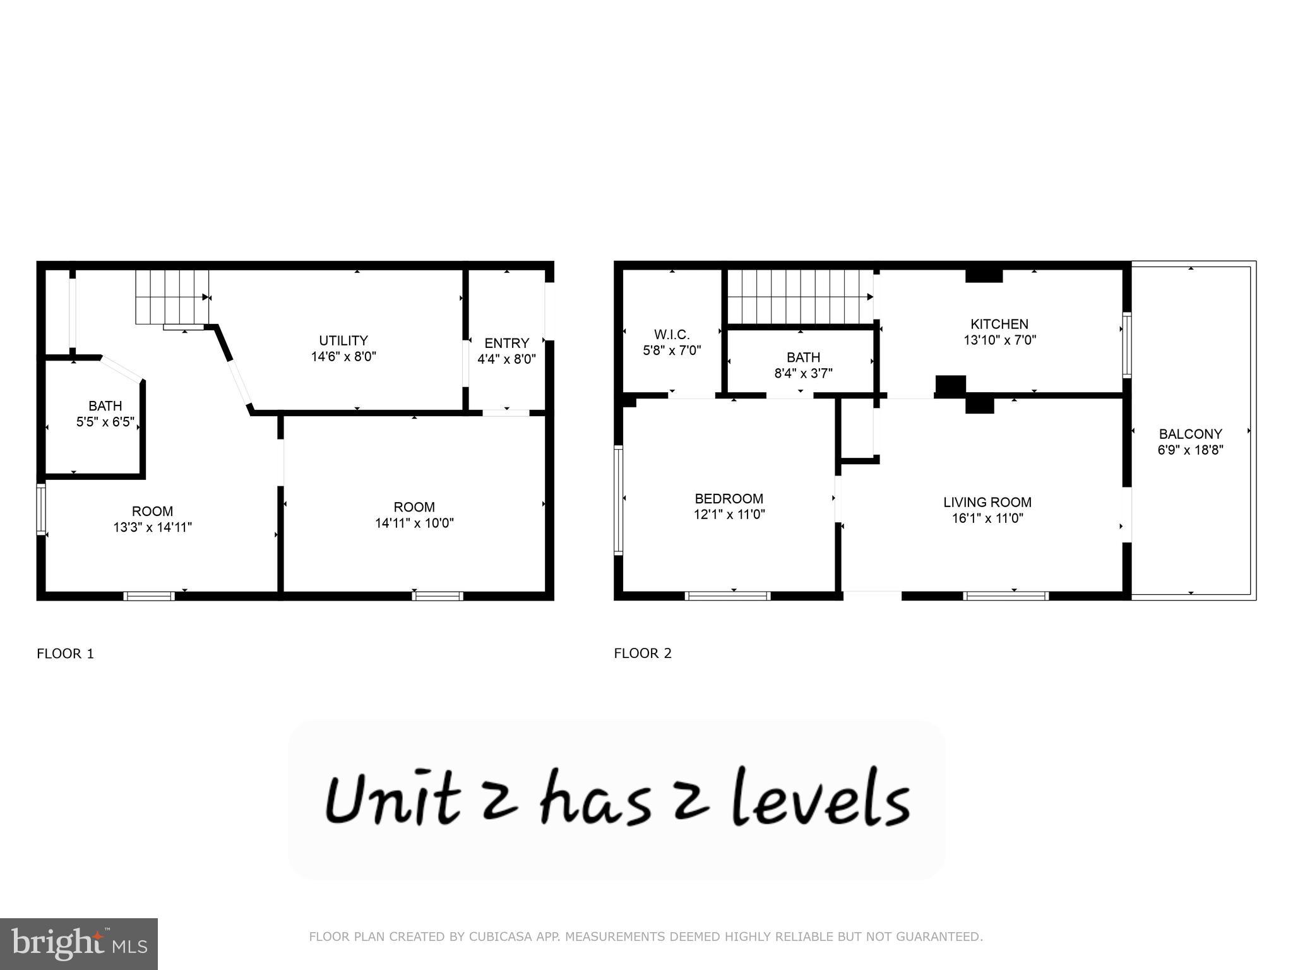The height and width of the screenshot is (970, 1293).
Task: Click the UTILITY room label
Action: [343, 340]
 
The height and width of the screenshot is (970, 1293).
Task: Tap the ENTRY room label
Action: [506, 343]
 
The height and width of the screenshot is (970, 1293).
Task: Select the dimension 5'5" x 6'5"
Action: [105, 422]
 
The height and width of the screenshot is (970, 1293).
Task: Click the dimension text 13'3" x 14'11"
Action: [152, 527]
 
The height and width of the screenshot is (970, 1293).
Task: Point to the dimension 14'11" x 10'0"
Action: [414, 523]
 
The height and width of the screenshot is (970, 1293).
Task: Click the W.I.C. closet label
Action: [672, 334]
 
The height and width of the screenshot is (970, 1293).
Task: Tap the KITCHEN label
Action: [999, 324]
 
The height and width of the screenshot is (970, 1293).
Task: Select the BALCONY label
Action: [1190, 434]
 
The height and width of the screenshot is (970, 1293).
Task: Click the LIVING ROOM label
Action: [987, 502]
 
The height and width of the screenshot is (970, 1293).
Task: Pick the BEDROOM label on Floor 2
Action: [729, 498]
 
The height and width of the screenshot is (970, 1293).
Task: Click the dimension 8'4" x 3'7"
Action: [803, 373]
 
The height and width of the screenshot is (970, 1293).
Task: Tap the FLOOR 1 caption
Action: [65, 654]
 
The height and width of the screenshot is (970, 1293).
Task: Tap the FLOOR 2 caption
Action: [643, 654]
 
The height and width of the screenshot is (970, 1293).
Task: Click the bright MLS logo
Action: [79, 943]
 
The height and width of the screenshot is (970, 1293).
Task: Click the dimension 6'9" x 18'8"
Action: [1190, 450]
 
